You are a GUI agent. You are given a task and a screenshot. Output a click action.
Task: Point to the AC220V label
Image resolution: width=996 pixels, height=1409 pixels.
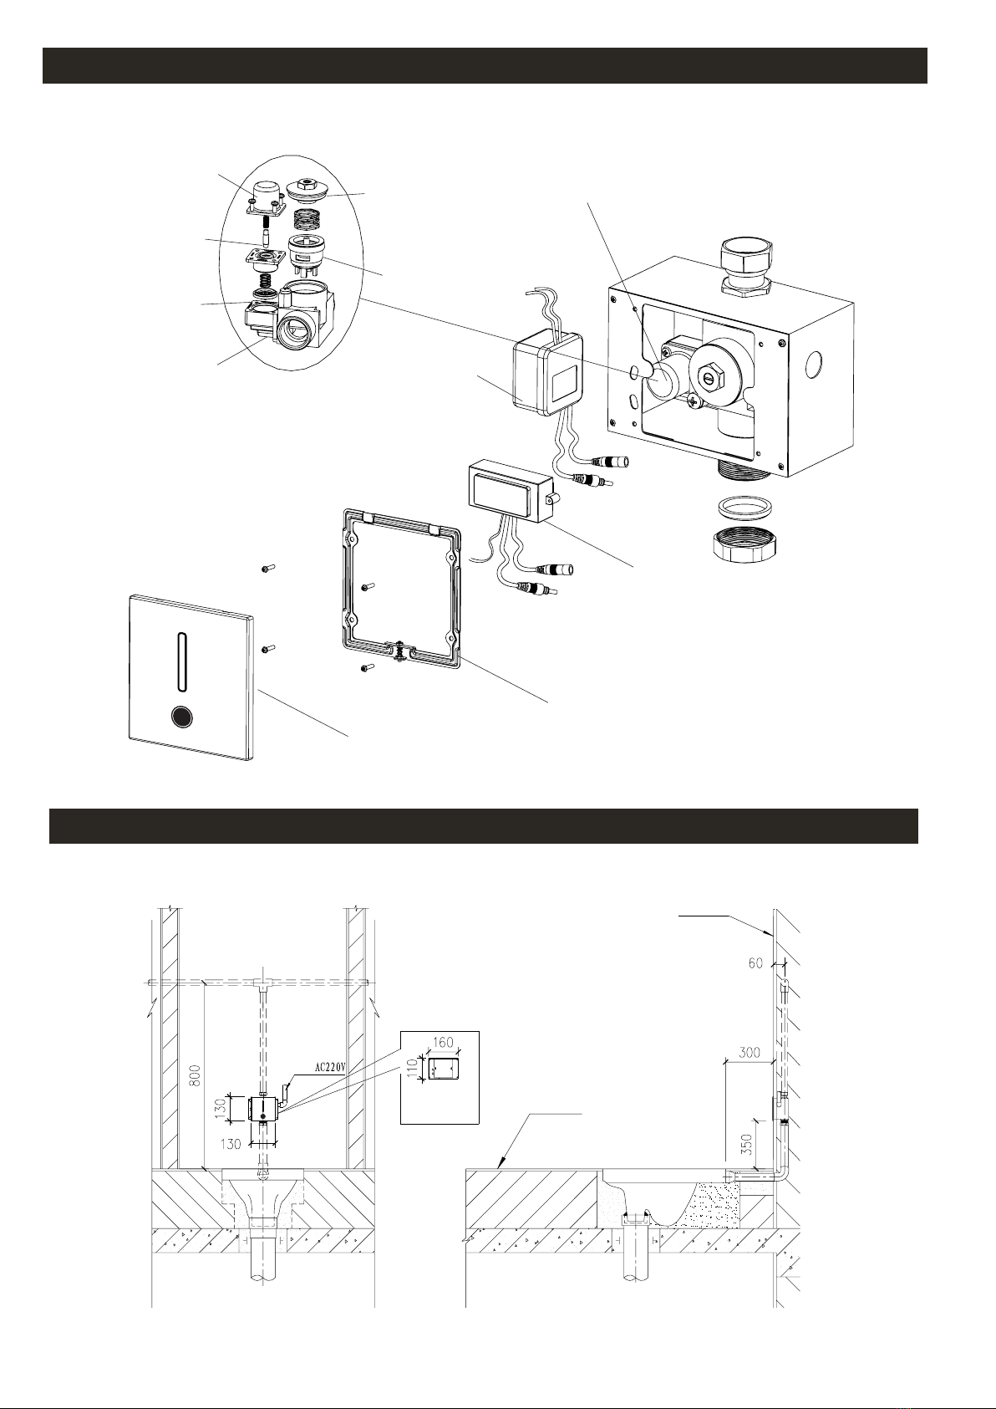[x=333, y=1068]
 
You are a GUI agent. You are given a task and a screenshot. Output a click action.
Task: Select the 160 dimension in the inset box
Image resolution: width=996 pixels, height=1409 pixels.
[x=443, y=1042]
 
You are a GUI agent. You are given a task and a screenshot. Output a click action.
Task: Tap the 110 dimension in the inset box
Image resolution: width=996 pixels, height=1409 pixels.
[x=413, y=1069]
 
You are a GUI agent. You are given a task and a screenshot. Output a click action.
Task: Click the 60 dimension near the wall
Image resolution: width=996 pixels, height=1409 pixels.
[x=755, y=963]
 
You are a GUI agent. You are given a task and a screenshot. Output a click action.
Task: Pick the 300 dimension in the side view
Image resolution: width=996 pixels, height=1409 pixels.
[x=749, y=1052]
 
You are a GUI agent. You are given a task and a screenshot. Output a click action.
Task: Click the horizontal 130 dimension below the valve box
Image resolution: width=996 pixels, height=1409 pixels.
[x=231, y=1144]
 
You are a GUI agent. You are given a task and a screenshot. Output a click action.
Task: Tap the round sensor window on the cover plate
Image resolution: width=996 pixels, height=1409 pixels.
[x=182, y=717]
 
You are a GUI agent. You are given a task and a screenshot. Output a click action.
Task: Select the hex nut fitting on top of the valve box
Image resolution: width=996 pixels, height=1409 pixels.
[x=746, y=268]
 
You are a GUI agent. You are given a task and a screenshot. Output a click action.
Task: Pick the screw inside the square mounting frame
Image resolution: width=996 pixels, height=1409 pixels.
[x=368, y=587]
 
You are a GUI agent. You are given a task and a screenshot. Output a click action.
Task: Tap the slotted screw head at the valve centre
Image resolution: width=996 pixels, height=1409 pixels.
[x=710, y=379]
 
